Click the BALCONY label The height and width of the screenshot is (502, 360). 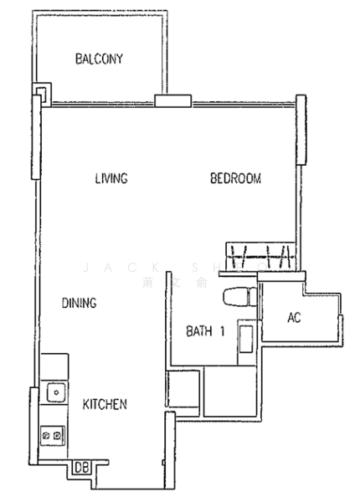pyautogui.click(x=99, y=59)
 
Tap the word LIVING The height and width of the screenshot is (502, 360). pyautogui.click(x=111, y=178)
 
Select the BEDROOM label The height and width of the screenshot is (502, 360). pyautogui.click(x=235, y=178)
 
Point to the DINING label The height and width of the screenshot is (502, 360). pyautogui.click(x=80, y=303)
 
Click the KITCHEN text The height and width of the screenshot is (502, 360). pyautogui.click(x=105, y=405)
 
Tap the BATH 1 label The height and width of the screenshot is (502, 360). pyautogui.click(x=206, y=330)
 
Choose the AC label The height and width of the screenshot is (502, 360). pyautogui.click(x=294, y=318)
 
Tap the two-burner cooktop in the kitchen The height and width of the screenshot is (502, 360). pyautogui.click(x=53, y=436)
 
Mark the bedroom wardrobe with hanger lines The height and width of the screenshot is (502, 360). pyautogui.click(x=262, y=256)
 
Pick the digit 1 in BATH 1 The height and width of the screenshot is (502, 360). pyautogui.click(x=223, y=330)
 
